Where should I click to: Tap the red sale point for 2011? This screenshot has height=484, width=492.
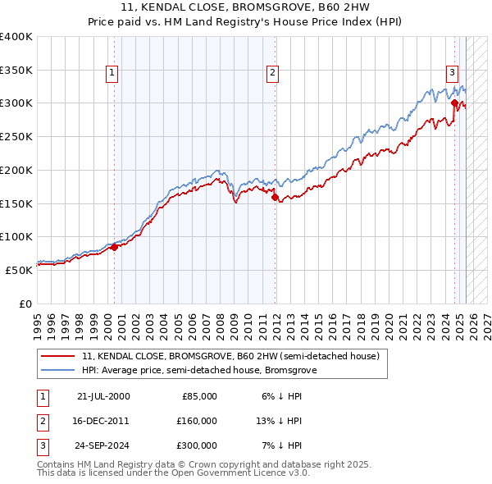(275, 197)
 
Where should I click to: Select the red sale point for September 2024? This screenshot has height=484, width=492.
(454, 103)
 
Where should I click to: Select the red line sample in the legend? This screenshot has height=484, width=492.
(59, 357)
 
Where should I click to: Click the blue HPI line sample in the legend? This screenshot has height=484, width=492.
(59, 371)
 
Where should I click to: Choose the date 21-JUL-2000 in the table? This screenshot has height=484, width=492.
(102, 396)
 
